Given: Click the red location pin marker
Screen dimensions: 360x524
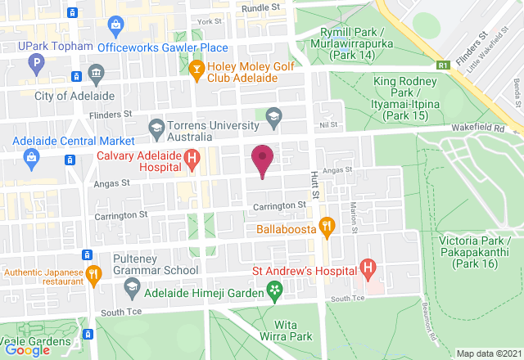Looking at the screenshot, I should tap(262, 158).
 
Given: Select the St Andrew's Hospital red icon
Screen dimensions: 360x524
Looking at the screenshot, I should tap(368, 268).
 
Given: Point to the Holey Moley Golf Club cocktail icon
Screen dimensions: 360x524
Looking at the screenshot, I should tap(196, 71).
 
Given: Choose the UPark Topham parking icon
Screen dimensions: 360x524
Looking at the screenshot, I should tap(35, 61).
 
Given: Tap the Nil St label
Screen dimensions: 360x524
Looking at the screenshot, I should tap(328, 125).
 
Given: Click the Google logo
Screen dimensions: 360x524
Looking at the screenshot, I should tap(26, 349).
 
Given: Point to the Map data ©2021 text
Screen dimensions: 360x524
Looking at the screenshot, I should tap(488, 353).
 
